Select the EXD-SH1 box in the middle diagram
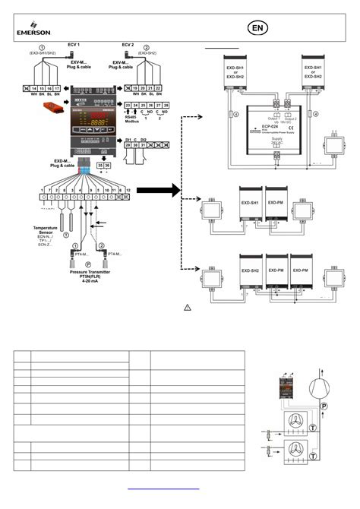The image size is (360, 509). pyautogui.click(x=251, y=204)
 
